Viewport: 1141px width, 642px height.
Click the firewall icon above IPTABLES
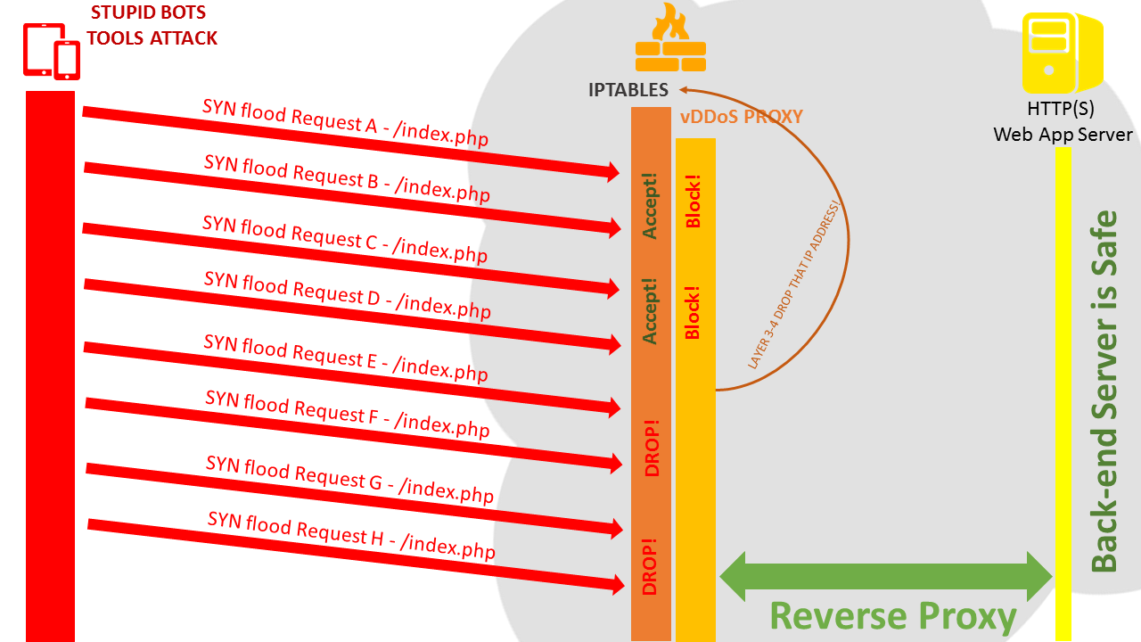(670, 40)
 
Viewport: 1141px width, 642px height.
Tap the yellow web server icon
(1063, 53)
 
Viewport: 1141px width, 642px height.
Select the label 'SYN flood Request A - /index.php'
(345, 122)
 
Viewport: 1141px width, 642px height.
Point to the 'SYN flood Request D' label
(347, 294)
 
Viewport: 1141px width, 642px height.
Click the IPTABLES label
(628, 90)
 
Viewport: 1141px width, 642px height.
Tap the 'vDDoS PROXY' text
(742, 117)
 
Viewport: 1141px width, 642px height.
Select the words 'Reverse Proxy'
(892, 616)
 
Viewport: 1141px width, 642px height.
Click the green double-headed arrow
(885, 576)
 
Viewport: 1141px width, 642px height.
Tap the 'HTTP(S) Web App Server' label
(1063, 122)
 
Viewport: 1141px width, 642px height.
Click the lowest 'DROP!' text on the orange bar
(650, 565)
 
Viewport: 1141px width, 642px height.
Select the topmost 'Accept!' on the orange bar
(650, 207)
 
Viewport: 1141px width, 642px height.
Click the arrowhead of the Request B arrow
(613, 228)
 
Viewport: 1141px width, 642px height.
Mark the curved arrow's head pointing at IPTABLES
(684, 89)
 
